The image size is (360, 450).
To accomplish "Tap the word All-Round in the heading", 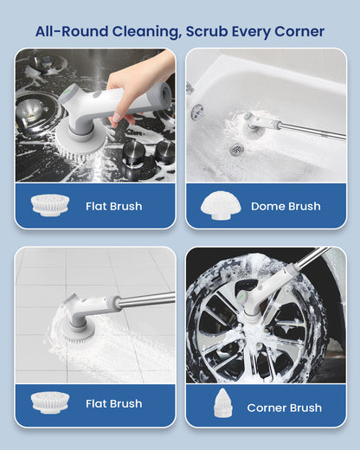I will click(x=67, y=32).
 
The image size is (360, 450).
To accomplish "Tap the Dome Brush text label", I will click(x=286, y=207).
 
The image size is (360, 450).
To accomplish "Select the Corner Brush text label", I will click(x=284, y=408).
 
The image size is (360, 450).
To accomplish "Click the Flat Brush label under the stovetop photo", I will click(x=113, y=207).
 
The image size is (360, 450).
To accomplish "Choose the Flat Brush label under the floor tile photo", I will click(x=113, y=403).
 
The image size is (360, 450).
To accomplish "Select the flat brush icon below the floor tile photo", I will click(x=49, y=402).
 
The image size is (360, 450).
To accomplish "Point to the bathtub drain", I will click(x=236, y=149).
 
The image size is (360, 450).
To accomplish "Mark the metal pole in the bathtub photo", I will click(x=312, y=131).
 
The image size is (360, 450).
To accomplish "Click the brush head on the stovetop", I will click(x=85, y=138).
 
